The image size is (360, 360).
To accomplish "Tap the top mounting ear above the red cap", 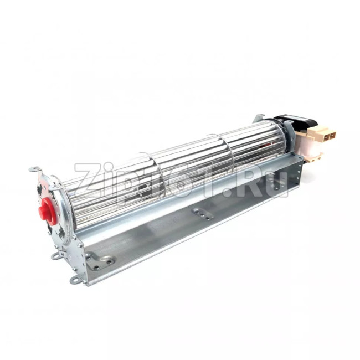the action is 35,170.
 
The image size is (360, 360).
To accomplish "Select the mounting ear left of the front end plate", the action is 56,255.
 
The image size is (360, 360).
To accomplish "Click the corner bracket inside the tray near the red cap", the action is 100,261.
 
